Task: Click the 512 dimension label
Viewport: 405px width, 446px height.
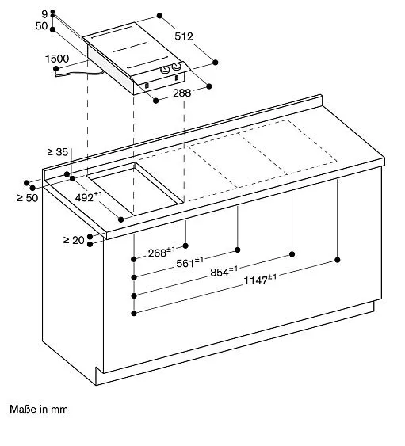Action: [x=184, y=36]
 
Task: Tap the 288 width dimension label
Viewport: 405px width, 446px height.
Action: [x=181, y=93]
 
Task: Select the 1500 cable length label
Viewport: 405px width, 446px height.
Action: [x=57, y=59]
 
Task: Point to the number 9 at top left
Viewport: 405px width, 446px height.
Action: [x=44, y=14]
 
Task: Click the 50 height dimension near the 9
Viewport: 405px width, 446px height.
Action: [x=41, y=26]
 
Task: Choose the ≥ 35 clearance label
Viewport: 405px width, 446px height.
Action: [x=58, y=152]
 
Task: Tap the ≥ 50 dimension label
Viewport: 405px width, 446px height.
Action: [x=28, y=198]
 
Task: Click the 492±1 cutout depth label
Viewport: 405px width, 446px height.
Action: [x=89, y=196]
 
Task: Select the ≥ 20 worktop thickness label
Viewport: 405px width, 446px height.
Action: [x=74, y=240]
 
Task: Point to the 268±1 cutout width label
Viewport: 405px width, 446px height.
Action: [x=162, y=252]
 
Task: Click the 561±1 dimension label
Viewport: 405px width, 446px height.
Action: [x=190, y=262]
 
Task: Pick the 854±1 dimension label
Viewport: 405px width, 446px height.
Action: [x=224, y=272]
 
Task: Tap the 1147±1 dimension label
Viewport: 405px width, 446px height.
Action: [x=260, y=280]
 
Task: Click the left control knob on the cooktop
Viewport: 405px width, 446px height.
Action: [x=166, y=70]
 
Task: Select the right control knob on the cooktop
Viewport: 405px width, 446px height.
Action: [x=177, y=67]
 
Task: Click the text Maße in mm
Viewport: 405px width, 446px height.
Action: [x=39, y=410]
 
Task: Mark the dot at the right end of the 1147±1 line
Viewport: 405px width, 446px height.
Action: [x=338, y=260]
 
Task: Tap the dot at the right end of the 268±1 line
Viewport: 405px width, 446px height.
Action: [x=185, y=246]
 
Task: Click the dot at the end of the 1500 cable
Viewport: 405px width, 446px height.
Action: [x=56, y=69]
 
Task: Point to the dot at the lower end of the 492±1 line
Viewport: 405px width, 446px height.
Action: [x=121, y=219]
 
